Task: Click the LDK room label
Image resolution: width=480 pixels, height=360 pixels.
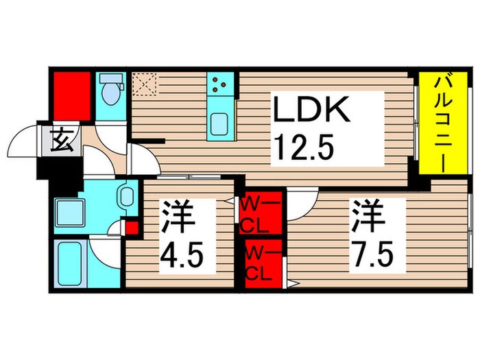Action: (x=313, y=110)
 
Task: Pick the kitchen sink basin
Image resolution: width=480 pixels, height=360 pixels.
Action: (x=221, y=124)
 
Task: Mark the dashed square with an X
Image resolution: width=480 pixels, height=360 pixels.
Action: (x=145, y=84)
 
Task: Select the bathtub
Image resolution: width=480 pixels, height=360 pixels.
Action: (x=71, y=263)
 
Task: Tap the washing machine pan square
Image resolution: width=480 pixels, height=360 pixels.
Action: (x=70, y=207)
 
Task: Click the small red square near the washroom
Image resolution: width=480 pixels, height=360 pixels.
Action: (x=131, y=228)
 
